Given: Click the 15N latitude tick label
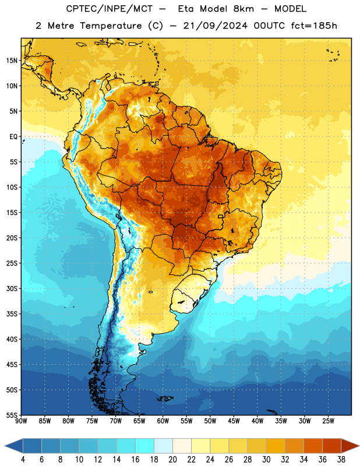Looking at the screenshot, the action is pyautogui.click(x=12, y=61).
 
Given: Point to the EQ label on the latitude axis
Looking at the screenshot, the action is pyautogui.click(x=13, y=137).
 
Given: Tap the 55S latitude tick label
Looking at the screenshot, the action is pyautogui.click(x=12, y=415).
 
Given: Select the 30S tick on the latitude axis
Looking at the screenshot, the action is pyautogui.click(x=12, y=288).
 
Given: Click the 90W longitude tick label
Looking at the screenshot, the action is pyautogui.click(x=21, y=421).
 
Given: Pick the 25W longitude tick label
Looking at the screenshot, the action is pyautogui.click(x=328, y=421).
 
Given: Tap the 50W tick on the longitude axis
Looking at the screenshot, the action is pyautogui.click(x=210, y=421).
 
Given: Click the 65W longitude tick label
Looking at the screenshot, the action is pyautogui.click(x=139, y=421).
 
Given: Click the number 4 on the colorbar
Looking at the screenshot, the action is pyautogui.click(x=23, y=460).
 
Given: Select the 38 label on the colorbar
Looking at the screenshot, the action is pyautogui.click(x=341, y=460).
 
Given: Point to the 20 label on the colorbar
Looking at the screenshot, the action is pyautogui.click(x=172, y=460).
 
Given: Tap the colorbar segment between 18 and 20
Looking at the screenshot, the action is pyautogui.click(x=163, y=446).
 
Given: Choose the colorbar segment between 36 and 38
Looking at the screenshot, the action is pyautogui.click(x=332, y=446).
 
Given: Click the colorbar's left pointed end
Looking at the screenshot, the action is pyautogui.click(x=5, y=446).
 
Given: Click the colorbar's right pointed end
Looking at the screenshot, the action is pyautogui.click(x=359, y=446).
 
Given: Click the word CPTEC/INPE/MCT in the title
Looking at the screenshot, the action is pyautogui.click(x=110, y=9).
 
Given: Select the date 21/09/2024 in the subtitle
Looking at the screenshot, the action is pyautogui.click(x=215, y=26).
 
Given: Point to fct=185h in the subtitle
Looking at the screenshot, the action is pyautogui.click(x=314, y=26).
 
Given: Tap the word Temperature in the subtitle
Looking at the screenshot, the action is pyautogui.click(x=111, y=26).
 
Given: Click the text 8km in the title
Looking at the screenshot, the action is pyautogui.click(x=243, y=9).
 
